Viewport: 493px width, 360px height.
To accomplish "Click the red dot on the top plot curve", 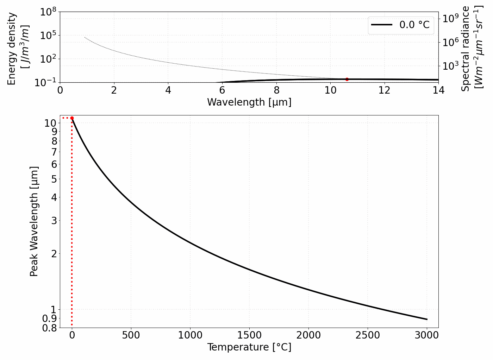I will coord(347,79).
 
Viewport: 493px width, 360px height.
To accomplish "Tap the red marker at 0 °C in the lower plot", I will coord(72,118).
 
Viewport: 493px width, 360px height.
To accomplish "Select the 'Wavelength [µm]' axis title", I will coord(249,102).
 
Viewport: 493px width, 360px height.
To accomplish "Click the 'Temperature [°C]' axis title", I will coord(249,347).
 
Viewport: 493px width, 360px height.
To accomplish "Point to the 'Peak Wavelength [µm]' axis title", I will coord(34,221).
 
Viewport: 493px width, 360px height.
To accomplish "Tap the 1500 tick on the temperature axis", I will coord(249,335).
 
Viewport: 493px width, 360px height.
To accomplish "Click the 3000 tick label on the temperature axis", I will coord(426,335).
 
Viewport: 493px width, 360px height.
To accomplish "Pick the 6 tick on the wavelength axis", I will coord(222,90).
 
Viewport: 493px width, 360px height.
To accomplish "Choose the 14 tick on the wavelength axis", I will coord(438,90).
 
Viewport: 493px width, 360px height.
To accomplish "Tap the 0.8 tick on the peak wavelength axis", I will coord(49,328).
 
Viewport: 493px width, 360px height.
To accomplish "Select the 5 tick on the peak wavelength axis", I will coord(54,179).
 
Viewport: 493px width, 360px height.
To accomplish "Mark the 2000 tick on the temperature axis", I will coord(308,335).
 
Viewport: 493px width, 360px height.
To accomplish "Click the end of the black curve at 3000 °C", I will coord(427,319).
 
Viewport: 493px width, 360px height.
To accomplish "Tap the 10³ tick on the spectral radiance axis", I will coord(450,66).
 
